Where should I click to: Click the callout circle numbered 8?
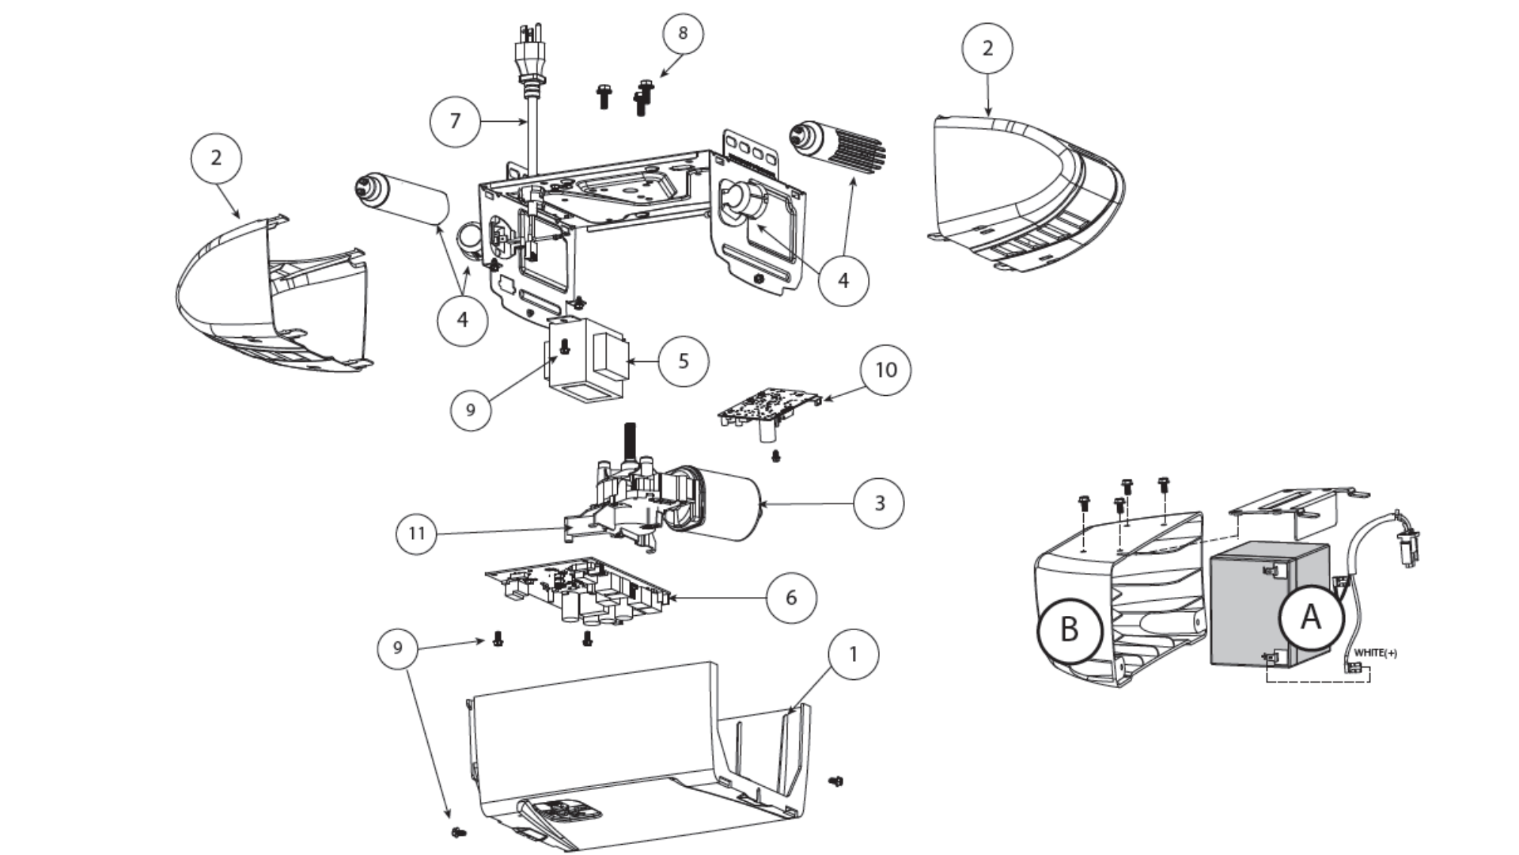(x=682, y=33)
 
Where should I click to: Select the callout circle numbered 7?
(x=455, y=121)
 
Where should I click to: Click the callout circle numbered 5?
(x=684, y=361)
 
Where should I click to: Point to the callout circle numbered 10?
(x=885, y=370)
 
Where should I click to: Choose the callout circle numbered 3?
(x=879, y=503)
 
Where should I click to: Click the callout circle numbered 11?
(x=417, y=534)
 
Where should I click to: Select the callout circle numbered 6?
(x=791, y=597)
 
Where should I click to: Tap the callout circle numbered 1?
(x=853, y=655)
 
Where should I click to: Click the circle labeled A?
(x=1310, y=617)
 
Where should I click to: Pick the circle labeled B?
(x=1069, y=630)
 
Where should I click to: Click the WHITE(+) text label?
(x=1375, y=653)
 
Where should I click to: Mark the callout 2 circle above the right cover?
(x=987, y=48)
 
